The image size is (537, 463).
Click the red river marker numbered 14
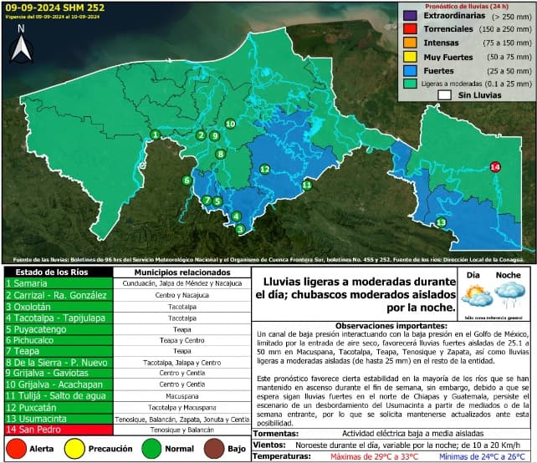[x=494, y=167]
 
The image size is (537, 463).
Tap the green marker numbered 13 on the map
[x=441, y=222]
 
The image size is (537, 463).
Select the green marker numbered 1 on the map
[x=155, y=135]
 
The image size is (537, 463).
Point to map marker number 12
[x=264, y=170]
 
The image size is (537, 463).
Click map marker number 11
[x=307, y=185]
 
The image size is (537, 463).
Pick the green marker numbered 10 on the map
[x=230, y=124]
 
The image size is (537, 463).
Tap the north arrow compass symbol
[x=23, y=45]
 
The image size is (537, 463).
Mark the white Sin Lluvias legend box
[x=444, y=95]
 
